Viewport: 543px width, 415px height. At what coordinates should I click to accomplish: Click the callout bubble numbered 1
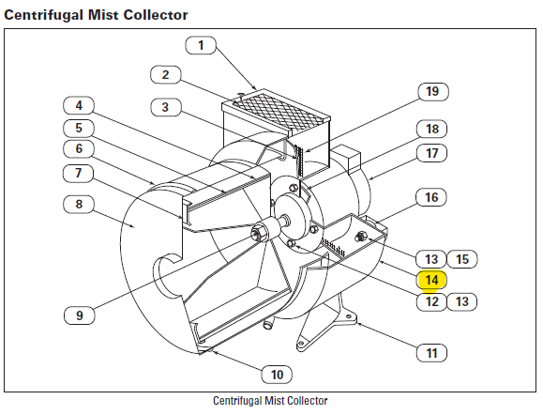tap(201, 45)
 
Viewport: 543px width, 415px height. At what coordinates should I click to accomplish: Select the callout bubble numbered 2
tap(166, 75)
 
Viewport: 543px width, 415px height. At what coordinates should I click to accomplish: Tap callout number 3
tap(166, 107)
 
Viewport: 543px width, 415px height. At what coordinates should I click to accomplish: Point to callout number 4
tap(79, 105)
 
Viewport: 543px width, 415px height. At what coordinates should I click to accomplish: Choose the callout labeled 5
tap(79, 128)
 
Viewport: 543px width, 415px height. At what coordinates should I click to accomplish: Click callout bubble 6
tap(79, 148)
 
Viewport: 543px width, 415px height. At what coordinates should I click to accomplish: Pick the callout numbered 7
tap(79, 173)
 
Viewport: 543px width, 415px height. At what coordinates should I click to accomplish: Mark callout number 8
tap(79, 204)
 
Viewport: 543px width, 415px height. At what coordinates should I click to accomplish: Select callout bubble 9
tap(80, 315)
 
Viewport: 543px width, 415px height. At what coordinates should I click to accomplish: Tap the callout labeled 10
tap(277, 375)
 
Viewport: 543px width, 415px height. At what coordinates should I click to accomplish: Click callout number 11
tap(431, 353)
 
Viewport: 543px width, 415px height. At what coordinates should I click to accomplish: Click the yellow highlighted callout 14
tap(431, 280)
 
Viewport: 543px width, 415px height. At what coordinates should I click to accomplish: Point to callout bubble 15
tap(462, 259)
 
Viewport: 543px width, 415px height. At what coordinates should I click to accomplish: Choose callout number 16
tap(431, 197)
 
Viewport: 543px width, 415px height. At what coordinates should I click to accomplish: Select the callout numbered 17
tap(431, 153)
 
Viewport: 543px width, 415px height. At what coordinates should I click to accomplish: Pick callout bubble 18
tap(431, 129)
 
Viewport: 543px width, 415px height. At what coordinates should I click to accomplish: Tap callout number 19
tap(433, 91)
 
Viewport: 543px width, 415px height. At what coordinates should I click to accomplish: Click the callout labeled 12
tap(431, 301)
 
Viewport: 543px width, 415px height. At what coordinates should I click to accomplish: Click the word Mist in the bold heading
tap(103, 15)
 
